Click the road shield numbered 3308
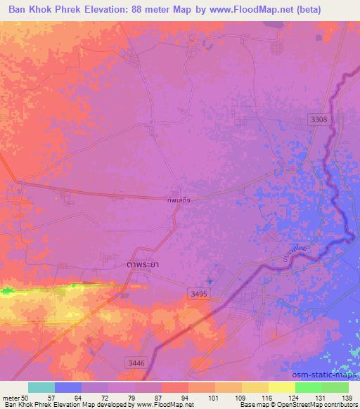(319, 120)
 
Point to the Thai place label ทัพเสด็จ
(179, 199)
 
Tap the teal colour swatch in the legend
(41, 387)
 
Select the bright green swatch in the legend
(308, 387)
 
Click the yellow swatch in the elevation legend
(255, 387)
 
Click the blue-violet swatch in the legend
(68, 387)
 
